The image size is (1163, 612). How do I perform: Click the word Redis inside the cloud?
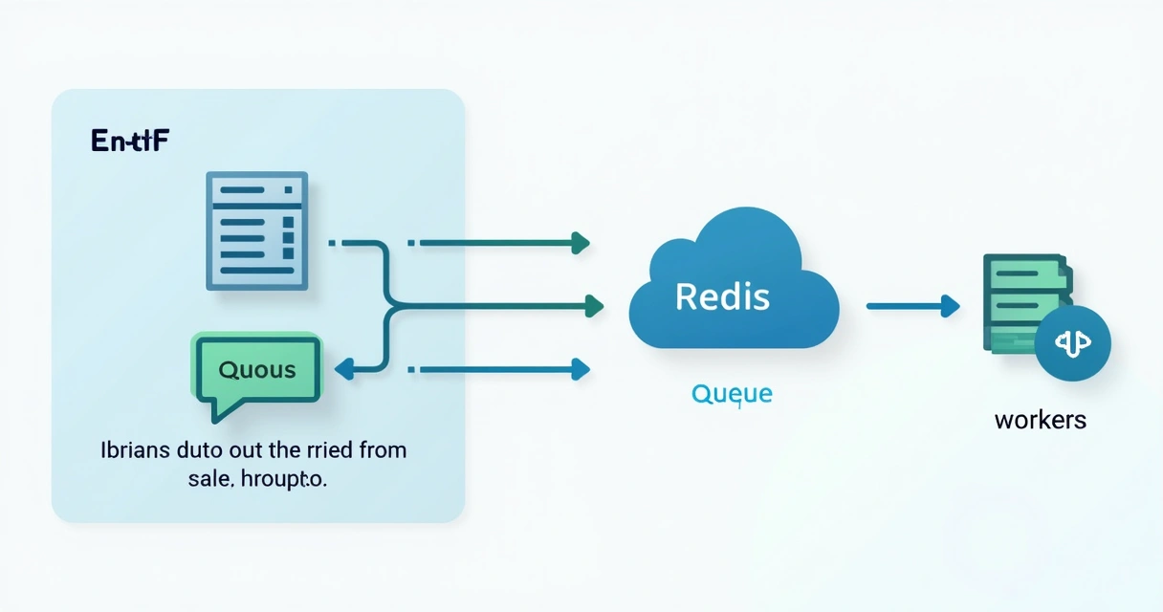click(x=722, y=296)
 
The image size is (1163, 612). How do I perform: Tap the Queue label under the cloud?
click(x=731, y=394)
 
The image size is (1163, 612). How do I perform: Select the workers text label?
click(x=1041, y=420)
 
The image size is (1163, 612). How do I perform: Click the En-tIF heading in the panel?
click(x=130, y=141)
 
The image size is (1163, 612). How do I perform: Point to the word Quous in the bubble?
click(x=257, y=370)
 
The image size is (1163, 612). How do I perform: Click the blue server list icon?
click(x=257, y=230)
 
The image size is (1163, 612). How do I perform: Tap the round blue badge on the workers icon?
click(x=1072, y=343)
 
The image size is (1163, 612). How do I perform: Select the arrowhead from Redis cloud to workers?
click(x=950, y=306)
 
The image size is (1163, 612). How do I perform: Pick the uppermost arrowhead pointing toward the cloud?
click(x=580, y=243)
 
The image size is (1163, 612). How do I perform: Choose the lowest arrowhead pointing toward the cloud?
click(x=580, y=368)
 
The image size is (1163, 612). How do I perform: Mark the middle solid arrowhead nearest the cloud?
click(x=594, y=306)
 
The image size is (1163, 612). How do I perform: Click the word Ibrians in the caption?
click(x=134, y=450)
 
